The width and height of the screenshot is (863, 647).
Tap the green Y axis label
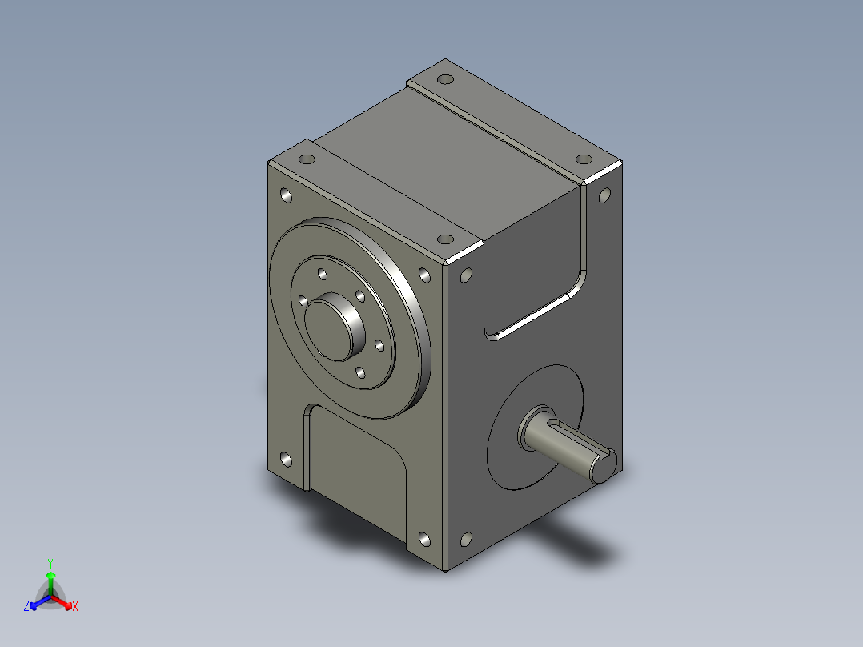point(50,562)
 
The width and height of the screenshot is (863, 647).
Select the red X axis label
point(75,607)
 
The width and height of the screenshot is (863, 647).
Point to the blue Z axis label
point(26,607)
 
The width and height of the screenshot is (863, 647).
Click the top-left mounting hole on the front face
point(287,195)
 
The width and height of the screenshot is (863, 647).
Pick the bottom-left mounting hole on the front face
point(287,460)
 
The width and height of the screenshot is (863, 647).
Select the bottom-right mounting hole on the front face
point(423,540)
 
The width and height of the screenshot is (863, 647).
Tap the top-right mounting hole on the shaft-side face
point(604,195)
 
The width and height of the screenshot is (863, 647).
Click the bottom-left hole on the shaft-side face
point(466,540)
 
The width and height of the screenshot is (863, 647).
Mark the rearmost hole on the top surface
point(446,79)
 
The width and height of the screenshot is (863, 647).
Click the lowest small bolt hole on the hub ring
point(359,373)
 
